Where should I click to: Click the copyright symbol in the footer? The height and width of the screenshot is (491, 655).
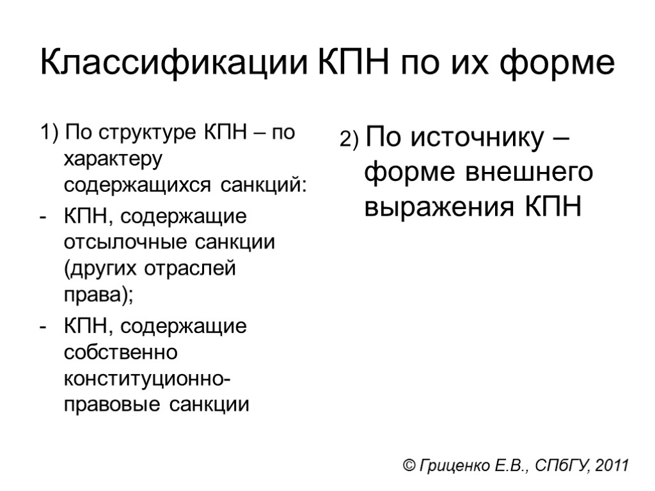[x=409, y=465]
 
